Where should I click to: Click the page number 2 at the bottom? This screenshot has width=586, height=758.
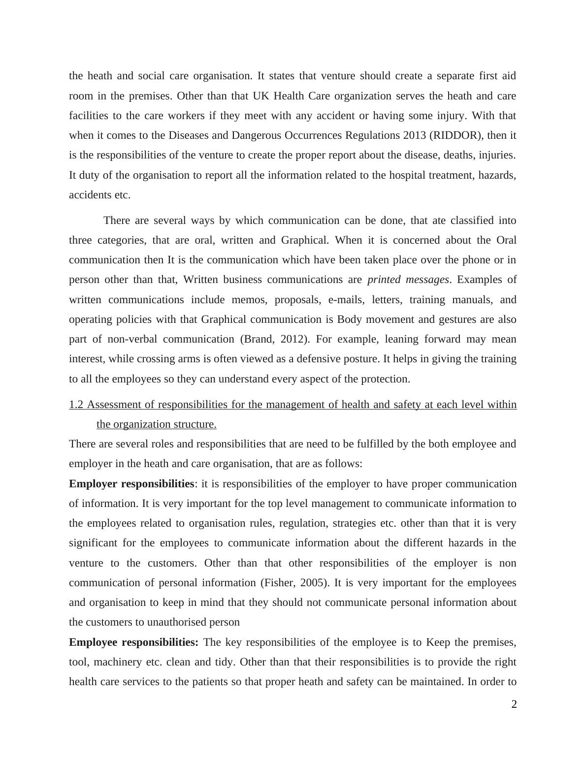(514, 705)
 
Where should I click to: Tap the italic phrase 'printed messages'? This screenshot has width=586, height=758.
(408, 280)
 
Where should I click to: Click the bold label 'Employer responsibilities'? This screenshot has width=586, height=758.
(131, 484)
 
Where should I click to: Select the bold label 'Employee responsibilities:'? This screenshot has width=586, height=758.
(133, 642)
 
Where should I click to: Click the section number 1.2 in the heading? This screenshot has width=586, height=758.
(76, 405)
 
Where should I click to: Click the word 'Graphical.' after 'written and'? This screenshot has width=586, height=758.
(305, 240)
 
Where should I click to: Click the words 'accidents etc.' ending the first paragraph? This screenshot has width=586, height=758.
(99, 195)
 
